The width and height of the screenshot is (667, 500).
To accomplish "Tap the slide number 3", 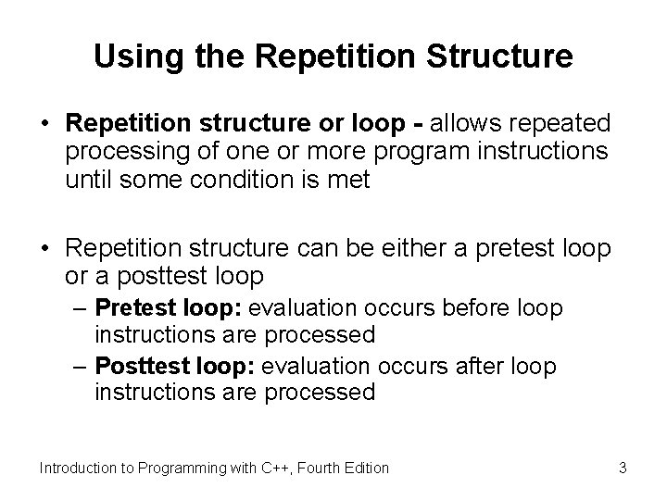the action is click(623, 468).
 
